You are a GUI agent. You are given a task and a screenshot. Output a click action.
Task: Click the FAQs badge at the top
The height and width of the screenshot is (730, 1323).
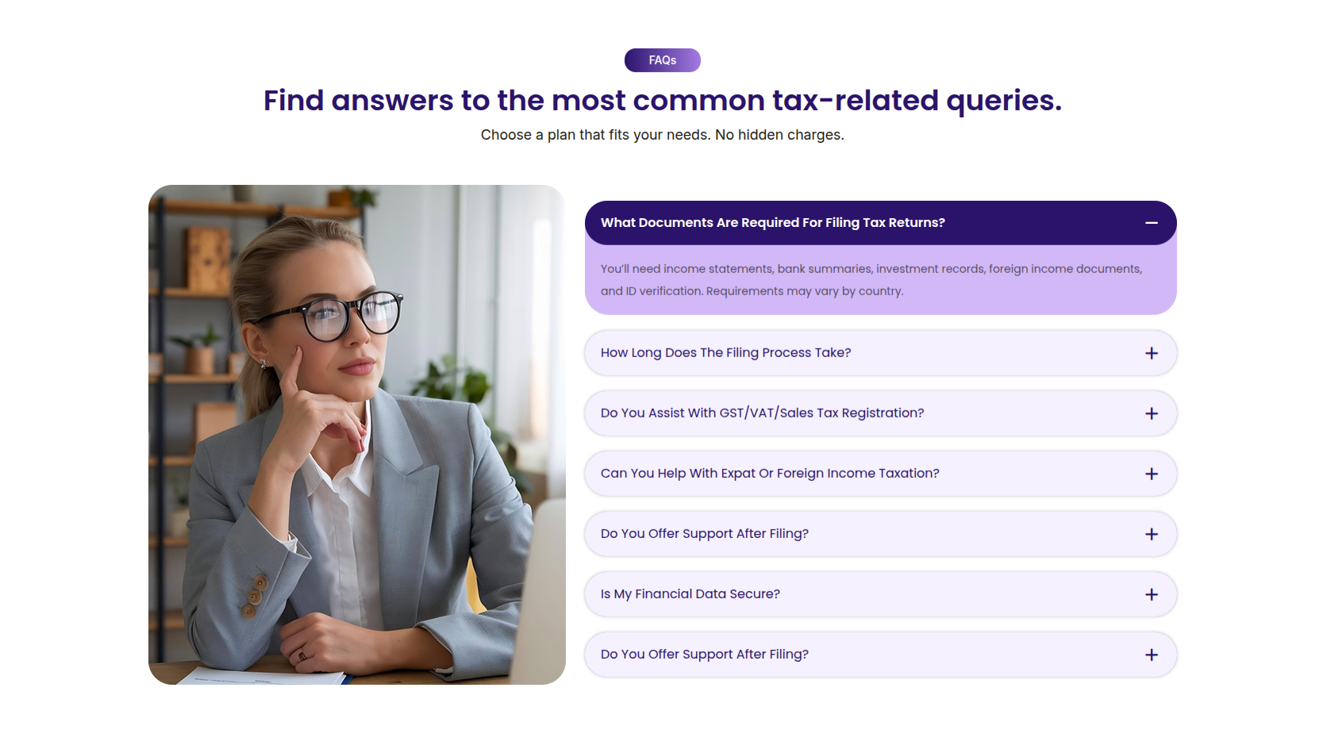[662, 60]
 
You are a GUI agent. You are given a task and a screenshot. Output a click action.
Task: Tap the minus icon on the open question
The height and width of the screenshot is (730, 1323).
[1151, 223]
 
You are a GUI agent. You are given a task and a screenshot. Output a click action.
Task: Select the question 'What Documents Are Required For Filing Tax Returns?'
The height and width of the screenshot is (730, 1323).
[772, 223]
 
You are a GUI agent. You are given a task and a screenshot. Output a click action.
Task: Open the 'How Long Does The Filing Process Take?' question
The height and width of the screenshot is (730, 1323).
[725, 352]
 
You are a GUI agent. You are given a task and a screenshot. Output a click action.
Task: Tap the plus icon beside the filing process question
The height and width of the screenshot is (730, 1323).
[1151, 353]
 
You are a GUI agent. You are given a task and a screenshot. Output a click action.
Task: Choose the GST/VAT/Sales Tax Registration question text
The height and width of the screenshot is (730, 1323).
[762, 413]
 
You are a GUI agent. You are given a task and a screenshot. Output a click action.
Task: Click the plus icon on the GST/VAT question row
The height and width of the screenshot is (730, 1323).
[1151, 413]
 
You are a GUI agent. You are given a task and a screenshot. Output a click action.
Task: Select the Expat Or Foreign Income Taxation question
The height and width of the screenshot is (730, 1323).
[770, 473]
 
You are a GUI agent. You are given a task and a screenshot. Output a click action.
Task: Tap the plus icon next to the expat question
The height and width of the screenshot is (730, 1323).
[1151, 474]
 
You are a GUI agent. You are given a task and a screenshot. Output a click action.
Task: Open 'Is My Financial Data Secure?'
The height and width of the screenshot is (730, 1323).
[690, 594]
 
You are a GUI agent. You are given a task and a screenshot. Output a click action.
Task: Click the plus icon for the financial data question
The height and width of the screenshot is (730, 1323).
[1151, 594]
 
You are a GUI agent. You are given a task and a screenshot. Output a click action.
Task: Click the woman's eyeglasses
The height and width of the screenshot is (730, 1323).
[337, 314]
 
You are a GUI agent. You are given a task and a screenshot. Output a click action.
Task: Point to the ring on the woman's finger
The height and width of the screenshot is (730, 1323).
[302, 655]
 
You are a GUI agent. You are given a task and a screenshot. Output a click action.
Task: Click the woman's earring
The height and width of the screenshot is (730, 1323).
[263, 363]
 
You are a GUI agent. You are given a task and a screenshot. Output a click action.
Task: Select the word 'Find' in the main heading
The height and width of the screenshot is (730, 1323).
[294, 100]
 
